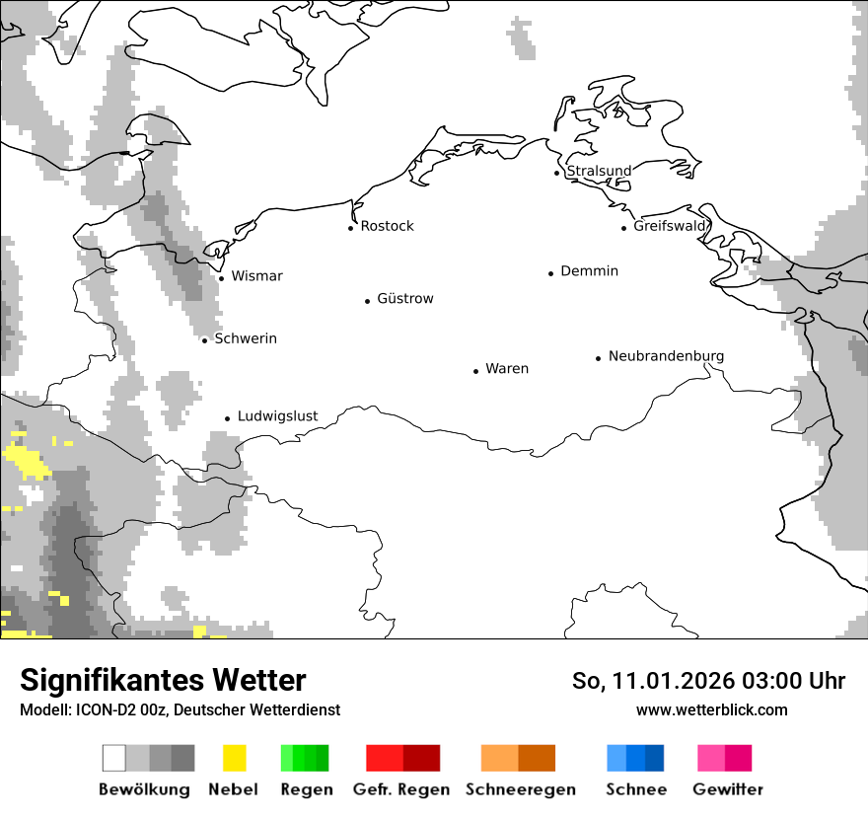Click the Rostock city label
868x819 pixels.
pyautogui.click(x=387, y=226)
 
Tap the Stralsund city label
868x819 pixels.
pyautogui.click(x=599, y=171)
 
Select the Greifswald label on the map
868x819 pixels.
pyautogui.click(x=670, y=226)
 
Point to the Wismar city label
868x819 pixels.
pyautogui.click(x=256, y=276)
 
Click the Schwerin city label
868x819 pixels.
pyautogui.click(x=246, y=338)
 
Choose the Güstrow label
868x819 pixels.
pyautogui.click(x=404, y=298)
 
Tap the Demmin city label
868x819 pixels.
pyautogui.click(x=589, y=270)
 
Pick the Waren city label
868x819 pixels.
pyautogui.click(x=507, y=369)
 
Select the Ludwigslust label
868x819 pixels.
pyautogui.click(x=277, y=416)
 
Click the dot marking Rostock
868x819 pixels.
pyautogui.click(x=350, y=228)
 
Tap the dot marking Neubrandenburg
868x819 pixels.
pyautogui.click(x=598, y=358)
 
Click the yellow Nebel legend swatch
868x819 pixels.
pyautogui.click(x=234, y=758)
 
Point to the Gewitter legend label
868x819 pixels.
pyautogui.click(x=728, y=789)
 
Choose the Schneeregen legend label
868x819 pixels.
pyautogui.click(x=520, y=789)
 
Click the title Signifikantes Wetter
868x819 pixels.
pyautogui.click(x=163, y=681)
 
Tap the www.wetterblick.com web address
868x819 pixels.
pyautogui.click(x=711, y=709)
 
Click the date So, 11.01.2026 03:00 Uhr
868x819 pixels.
pyautogui.click(x=708, y=681)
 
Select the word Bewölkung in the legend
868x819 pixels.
pyautogui.click(x=144, y=789)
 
